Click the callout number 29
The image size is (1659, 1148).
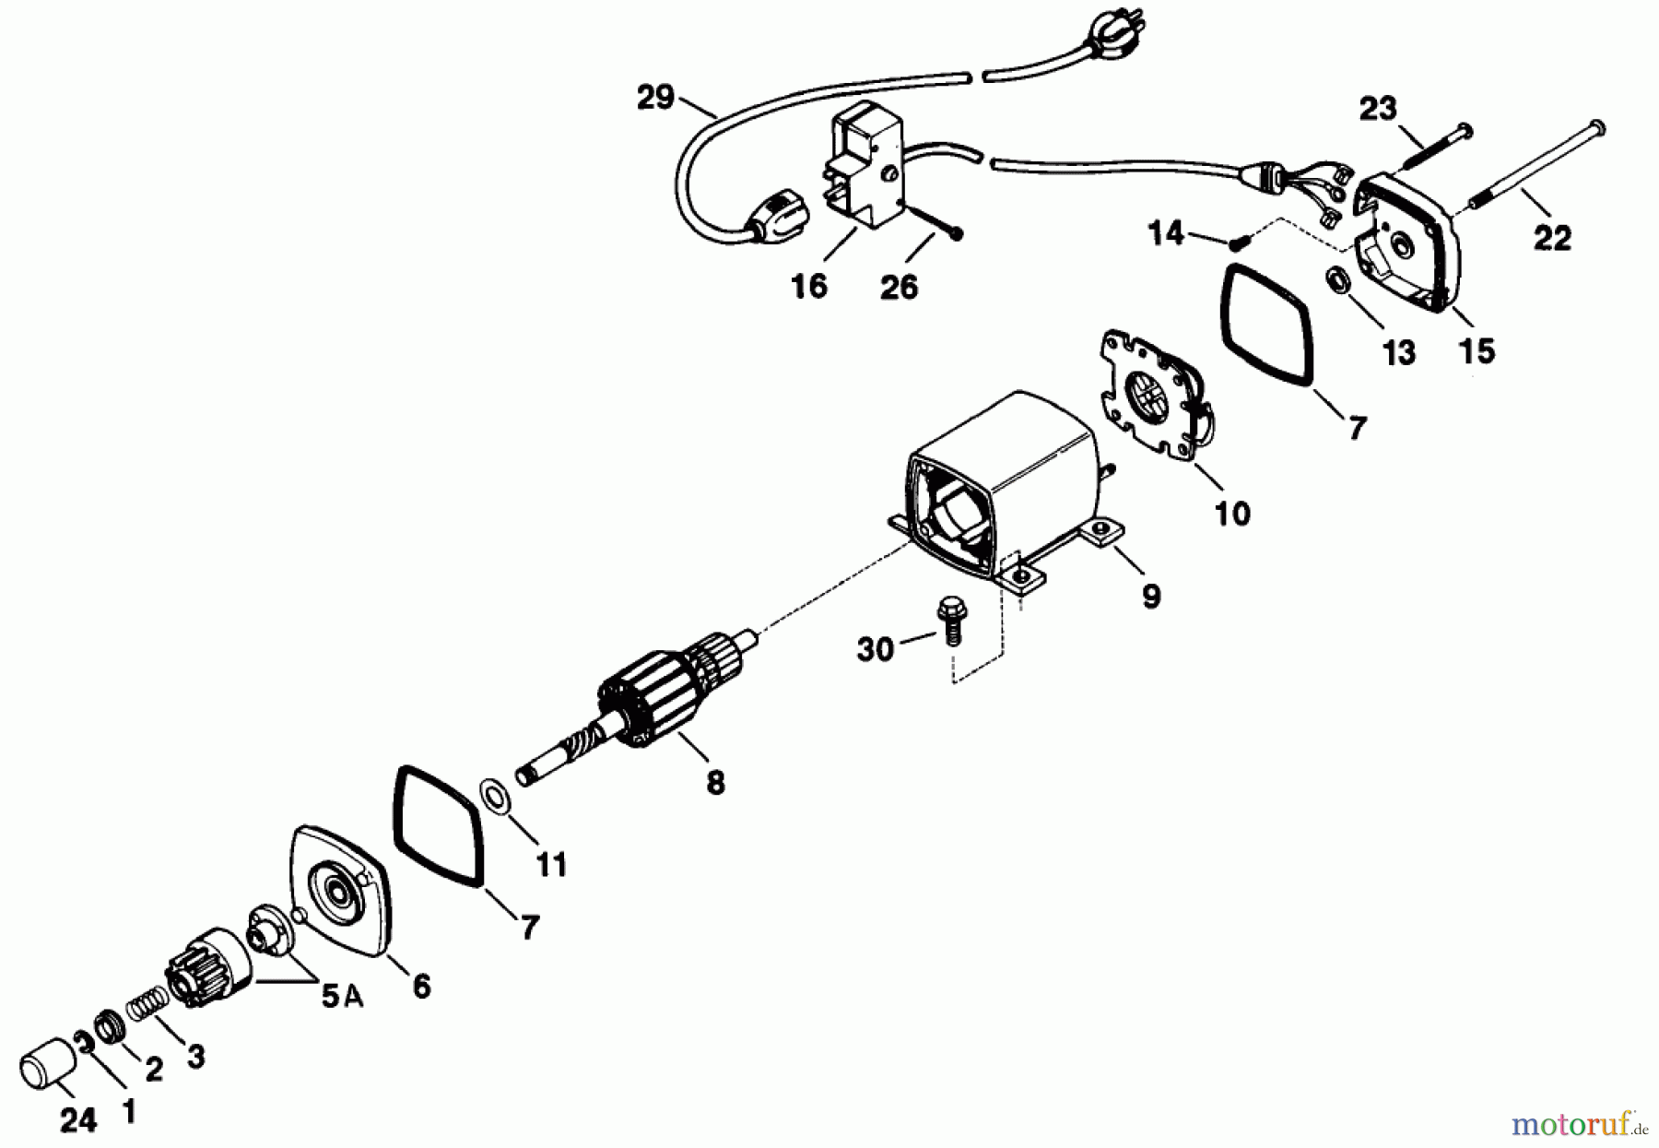[656, 98]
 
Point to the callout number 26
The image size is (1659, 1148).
[899, 287]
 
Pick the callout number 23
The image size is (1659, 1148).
[1379, 110]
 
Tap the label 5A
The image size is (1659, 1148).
[342, 999]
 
